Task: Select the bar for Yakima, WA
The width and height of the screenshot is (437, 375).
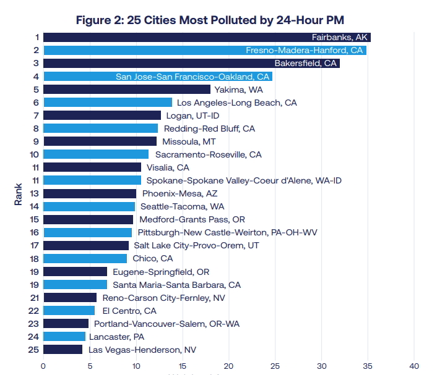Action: point(127,90)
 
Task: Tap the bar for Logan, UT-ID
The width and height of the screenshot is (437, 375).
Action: point(102,115)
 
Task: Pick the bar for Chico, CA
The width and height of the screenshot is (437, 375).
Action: point(85,258)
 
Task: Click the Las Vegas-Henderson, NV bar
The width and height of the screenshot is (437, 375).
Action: point(63,350)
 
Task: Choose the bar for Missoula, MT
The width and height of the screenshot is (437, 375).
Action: point(100,141)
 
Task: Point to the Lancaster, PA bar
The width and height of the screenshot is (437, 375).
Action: point(64,336)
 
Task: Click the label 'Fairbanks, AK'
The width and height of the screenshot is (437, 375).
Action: point(339,37)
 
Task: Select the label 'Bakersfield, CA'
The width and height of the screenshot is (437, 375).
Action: point(305,63)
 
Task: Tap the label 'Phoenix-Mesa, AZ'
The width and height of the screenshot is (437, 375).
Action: point(180,193)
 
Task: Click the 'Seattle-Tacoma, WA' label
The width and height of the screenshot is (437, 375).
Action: point(182,206)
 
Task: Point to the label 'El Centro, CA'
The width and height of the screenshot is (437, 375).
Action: point(129,311)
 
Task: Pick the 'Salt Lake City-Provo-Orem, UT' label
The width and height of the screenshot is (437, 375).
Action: point(196,245)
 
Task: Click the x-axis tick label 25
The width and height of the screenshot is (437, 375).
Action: point(275,366)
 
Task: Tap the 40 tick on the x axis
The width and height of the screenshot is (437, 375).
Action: point(414,366)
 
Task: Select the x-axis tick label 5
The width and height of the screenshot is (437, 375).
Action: point(90,366)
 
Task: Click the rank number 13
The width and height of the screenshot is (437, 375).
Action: point(34,193)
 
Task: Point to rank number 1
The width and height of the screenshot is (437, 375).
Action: point(37,37)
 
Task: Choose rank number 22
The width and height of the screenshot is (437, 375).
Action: point(33,311)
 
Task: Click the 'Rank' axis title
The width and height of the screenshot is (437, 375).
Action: point(18,194)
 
